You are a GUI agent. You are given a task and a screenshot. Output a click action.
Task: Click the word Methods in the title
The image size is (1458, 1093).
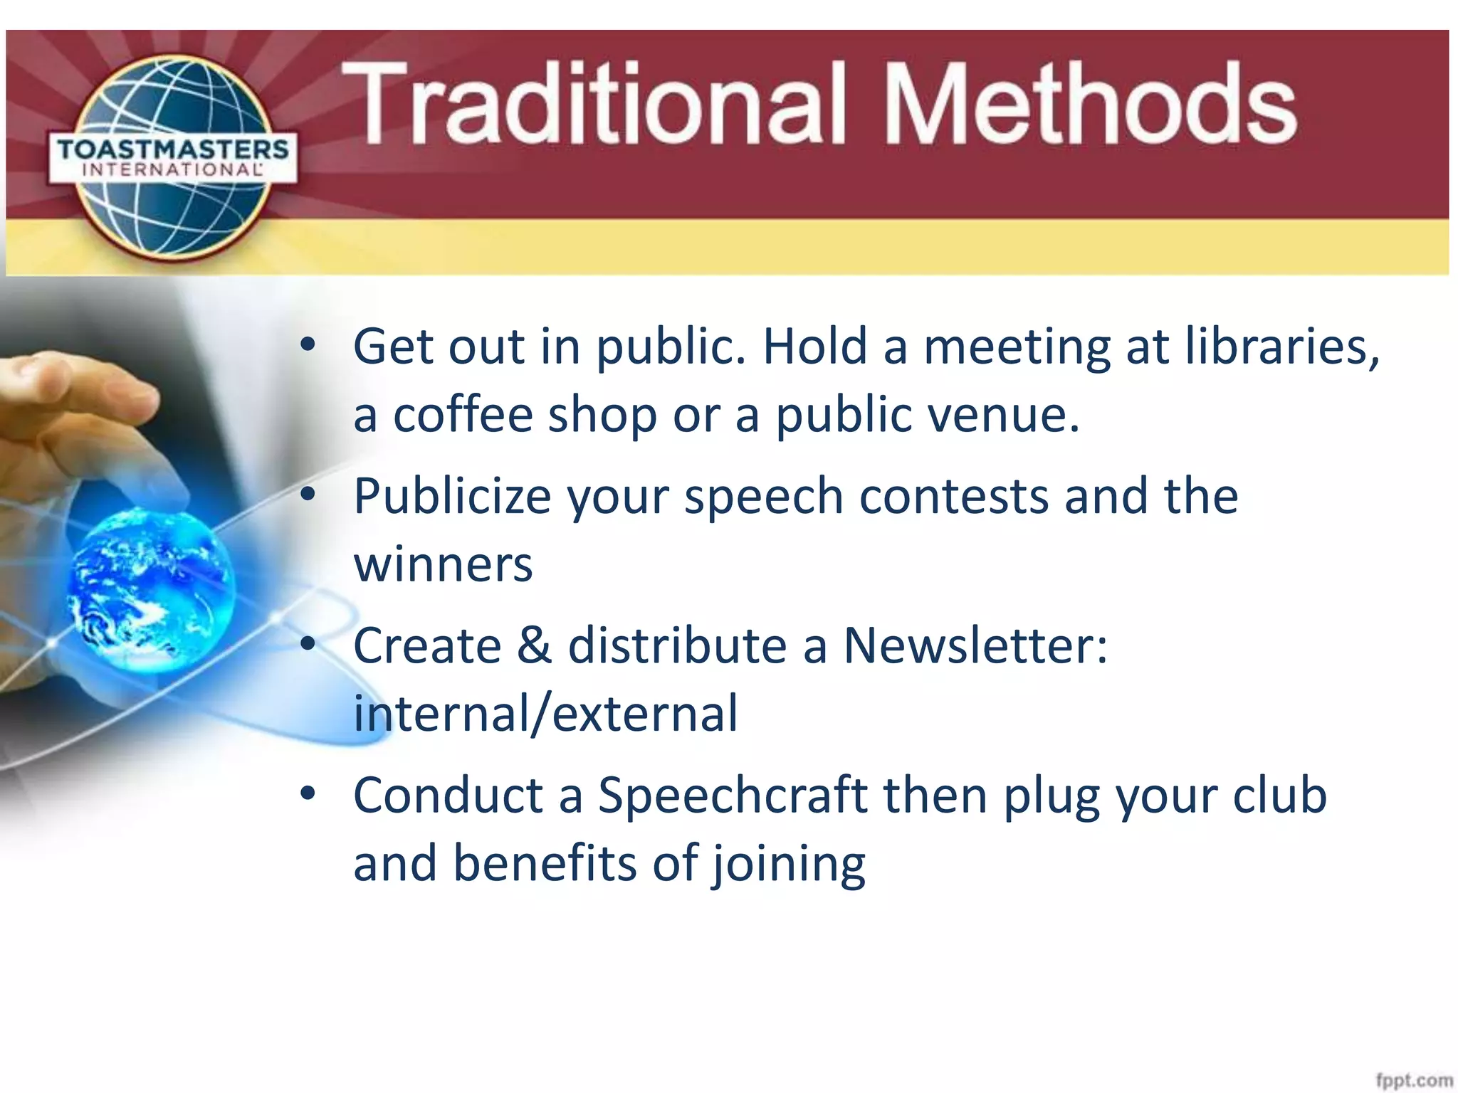pyautogui.click(x=1089, y=103)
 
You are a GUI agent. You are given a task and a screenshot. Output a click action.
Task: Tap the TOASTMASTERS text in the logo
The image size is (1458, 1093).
pyautogui.click(x=173, y=150)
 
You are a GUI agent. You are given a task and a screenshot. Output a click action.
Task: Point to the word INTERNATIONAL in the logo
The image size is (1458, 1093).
pyautogui.click(x=173, y=170)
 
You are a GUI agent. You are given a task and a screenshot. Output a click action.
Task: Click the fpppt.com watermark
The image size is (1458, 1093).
pyautogui.click(x=1414, y=1079)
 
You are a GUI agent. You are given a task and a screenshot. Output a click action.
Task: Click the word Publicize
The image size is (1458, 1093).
pyautogui.click(x=452, y=497)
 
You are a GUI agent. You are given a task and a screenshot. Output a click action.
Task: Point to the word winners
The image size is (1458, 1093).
pyautogui.click(x=443, y=564)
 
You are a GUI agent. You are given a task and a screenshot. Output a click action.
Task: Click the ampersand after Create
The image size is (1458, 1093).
pyautogui.click(x=534, y=645)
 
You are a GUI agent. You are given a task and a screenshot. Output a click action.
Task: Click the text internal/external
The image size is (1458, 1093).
pyautogui.click(x=545, y=714)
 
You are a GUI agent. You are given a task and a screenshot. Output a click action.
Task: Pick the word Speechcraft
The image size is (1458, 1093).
pyautogui.click(x=732, y=795)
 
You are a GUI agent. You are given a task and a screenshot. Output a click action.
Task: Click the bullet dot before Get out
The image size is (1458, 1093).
pyautogui.click(x=308, y=345)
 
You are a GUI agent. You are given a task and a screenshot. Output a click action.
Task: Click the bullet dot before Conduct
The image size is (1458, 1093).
pyautogui.click(x=308, y=793)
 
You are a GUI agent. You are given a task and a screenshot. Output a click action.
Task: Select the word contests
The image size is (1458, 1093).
pyautogui.click(x=953, y=496)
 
